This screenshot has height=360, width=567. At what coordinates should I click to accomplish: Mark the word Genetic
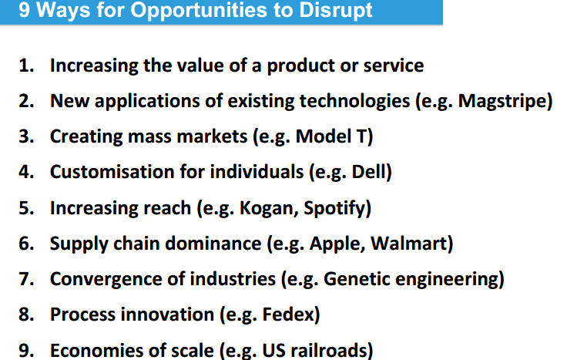(x=356, y=279)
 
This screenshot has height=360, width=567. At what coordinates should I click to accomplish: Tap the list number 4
(x=25, y=172)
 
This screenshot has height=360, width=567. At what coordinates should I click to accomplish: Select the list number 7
(x=25, y=279)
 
